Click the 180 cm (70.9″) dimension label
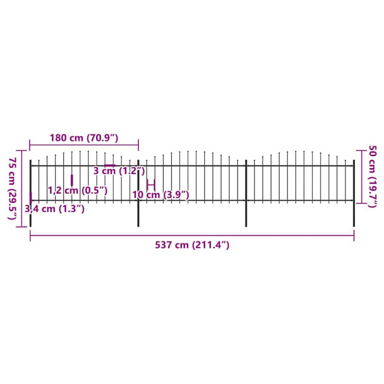84,138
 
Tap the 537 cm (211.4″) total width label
192,245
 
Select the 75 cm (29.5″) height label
12,188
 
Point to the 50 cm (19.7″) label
373,176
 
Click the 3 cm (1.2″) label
119,171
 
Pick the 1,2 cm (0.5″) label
78,190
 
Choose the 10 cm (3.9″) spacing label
161,195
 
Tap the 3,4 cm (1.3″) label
55,209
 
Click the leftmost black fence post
30,193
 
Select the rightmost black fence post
354,193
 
